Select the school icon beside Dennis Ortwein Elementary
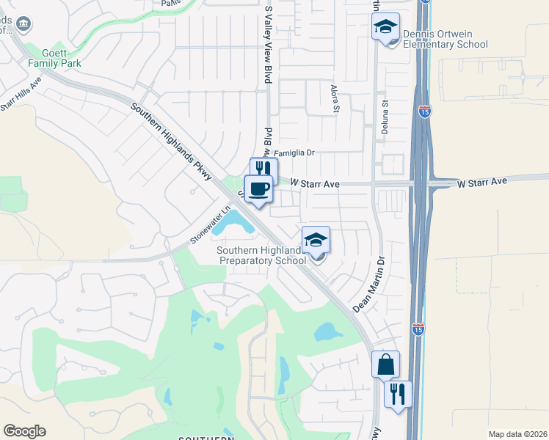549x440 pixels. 385,27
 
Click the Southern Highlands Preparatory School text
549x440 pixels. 261,255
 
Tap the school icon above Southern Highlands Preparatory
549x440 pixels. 316,240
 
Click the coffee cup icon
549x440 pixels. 258,188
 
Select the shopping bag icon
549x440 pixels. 385,364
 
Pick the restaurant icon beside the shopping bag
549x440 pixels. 397,393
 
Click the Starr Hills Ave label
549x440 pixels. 21,100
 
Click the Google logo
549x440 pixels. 24,431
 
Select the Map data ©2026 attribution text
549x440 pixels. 517,434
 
